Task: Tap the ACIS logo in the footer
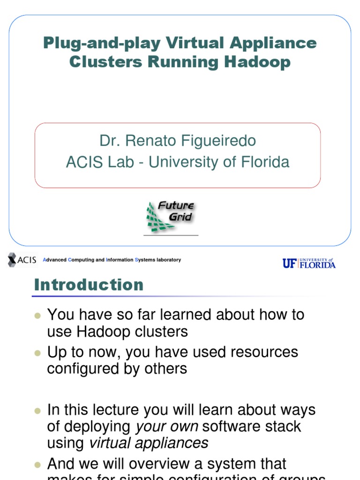point(22,260)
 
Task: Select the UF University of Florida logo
point(309,263)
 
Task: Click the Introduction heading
point(89,285)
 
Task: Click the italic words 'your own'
point(167,427)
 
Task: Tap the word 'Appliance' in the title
point(277,43)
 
